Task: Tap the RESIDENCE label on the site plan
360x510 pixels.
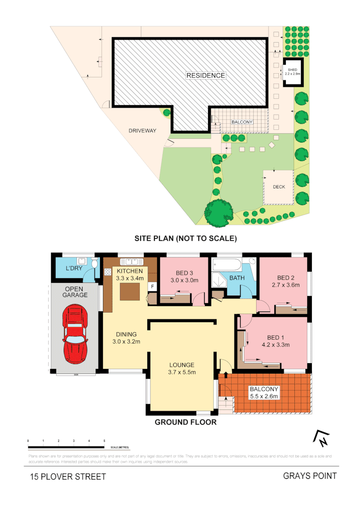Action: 205,76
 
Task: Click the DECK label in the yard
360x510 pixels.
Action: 279,187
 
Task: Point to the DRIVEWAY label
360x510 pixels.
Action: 142,131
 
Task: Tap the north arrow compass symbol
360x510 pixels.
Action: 321,439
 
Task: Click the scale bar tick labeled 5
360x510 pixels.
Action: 104,441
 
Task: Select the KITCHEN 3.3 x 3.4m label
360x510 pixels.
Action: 130,274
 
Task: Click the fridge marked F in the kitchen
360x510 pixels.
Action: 152,286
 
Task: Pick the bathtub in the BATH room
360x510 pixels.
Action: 226,264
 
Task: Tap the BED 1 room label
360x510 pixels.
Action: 278,340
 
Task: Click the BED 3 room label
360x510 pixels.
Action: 184,277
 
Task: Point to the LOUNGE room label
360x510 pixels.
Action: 182,368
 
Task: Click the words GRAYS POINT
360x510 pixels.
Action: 310,476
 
